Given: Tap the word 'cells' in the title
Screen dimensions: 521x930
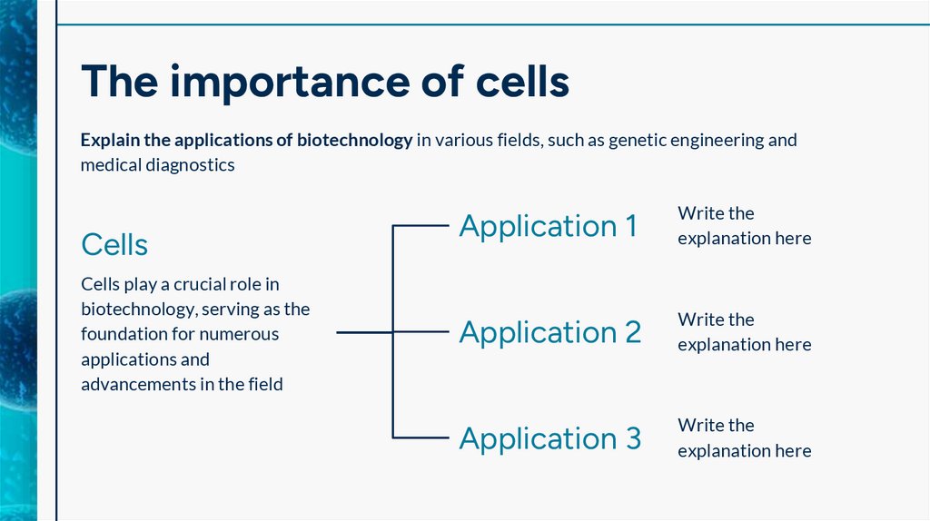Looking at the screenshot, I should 522,83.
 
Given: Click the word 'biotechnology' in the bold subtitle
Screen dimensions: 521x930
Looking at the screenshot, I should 355,141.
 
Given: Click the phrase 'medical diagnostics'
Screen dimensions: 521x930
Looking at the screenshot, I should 157,164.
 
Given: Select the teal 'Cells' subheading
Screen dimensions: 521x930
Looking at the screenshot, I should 114,244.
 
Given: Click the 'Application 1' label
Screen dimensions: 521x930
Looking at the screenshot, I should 549,226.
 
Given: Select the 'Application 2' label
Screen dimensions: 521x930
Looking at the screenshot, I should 550,332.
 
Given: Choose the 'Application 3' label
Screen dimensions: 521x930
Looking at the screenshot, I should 550,438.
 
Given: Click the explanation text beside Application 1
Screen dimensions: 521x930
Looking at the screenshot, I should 744,226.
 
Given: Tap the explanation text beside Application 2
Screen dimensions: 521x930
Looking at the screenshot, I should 744,332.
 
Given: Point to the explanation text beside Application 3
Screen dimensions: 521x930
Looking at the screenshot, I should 744,438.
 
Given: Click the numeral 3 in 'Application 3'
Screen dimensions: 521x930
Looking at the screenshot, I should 632,438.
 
